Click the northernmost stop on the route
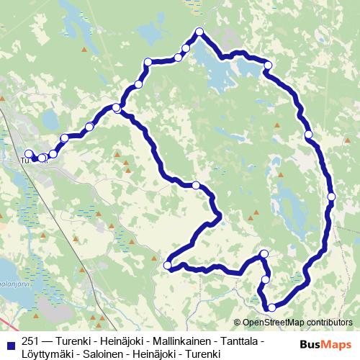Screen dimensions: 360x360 [x=199, y=32]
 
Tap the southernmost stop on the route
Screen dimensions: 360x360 [x=271, y=307]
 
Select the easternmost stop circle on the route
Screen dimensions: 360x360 [x=331, y=196]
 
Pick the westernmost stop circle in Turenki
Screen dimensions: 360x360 [x=29, y=153]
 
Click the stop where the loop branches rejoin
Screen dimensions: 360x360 [x=117, y=108]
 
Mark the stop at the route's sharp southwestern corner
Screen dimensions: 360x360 [x=168, y=266]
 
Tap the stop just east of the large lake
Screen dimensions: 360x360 [x=268, y=66]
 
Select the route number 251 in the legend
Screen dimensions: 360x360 [x=30, y=341]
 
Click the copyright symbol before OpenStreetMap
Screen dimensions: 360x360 [x=238, y=322]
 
